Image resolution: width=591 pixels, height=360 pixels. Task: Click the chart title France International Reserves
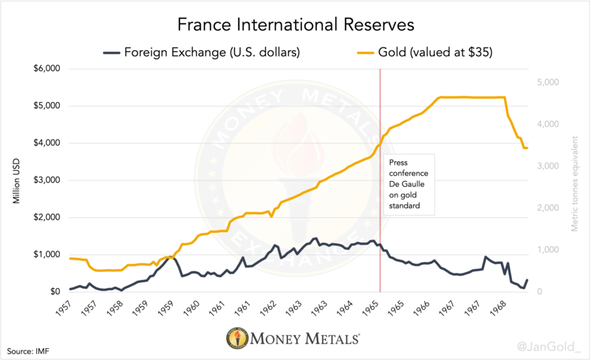point(295,24)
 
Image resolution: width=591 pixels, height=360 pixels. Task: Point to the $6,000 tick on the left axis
point(46,69)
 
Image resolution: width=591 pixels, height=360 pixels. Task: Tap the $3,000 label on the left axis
point(46,180)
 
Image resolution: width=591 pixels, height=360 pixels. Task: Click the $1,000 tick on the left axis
point(46,254)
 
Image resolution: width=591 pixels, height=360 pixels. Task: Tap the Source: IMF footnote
point(30,347)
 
